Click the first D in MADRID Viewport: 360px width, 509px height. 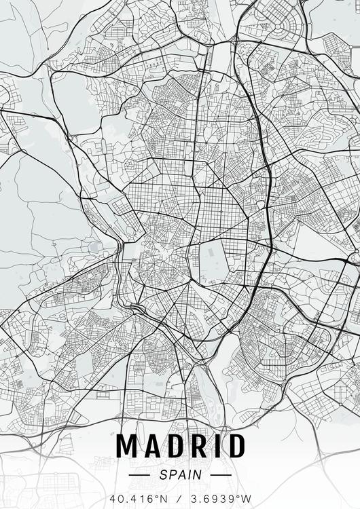[x=175, y=446]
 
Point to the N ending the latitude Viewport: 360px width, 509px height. [x=163, y=499]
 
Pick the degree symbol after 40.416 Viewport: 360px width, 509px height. [x=157, y=496]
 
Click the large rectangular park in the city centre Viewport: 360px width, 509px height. [x=212, y=261]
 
